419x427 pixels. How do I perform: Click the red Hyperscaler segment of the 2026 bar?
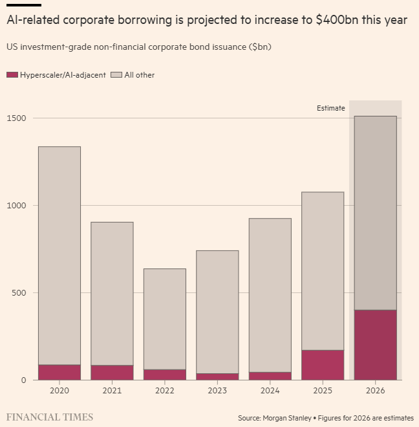click(375, 345)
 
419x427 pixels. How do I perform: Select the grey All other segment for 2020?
click(59, 256)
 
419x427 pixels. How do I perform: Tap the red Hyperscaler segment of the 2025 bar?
click(323, 365)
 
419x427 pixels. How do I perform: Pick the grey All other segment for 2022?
click(165, 319)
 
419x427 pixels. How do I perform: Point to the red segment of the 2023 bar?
click(217, 377)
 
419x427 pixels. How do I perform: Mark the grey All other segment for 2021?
click(112, 294)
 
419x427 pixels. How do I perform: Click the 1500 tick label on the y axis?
click(17, 118)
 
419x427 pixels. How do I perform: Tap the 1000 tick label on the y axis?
click(17, 206)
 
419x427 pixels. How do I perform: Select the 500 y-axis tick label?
click(19, 293)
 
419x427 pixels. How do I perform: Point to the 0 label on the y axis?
click(23, 380)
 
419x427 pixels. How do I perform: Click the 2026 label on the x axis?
click(375, 391)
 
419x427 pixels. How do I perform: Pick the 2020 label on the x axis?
click(59, 391)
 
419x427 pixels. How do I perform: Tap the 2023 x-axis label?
click(217, 391)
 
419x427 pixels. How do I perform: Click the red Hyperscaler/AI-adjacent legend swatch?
click(12, 75)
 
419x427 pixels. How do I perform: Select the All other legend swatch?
click(116, 75)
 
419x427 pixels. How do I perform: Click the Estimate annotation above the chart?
click(330, 108)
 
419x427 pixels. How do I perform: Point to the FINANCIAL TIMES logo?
click(50, 417)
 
